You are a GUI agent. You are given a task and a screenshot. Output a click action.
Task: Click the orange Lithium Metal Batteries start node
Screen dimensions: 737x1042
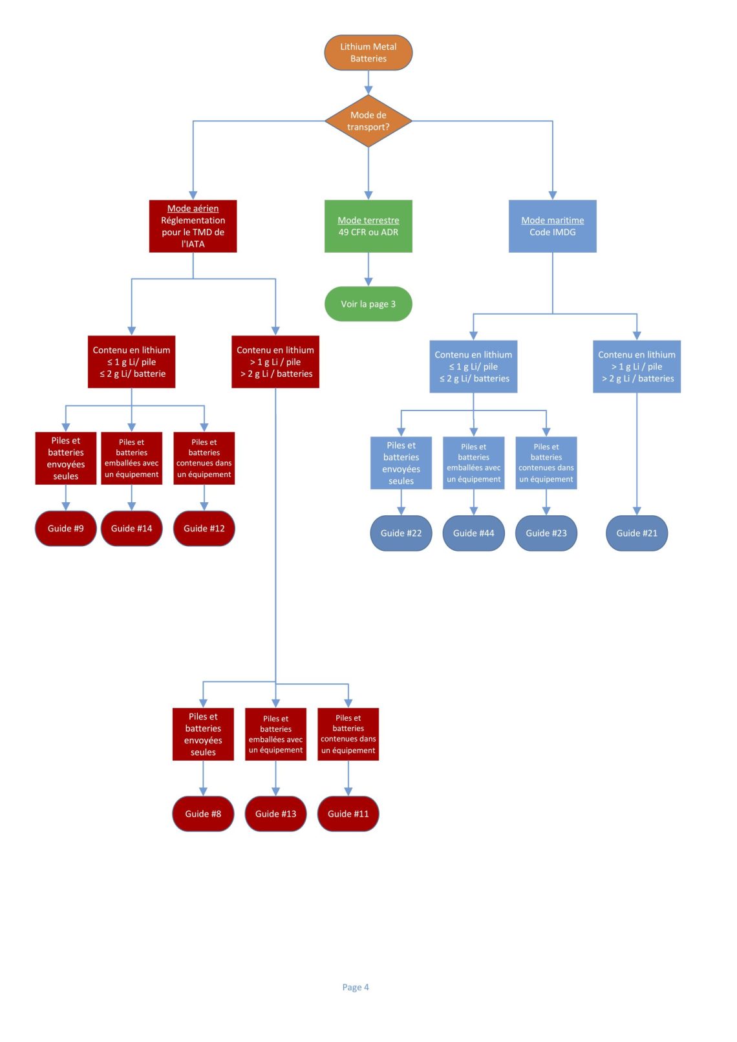click(x=368, y=52)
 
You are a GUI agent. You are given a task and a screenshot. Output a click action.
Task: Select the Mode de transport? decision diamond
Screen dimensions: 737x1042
click(x=368, y=121)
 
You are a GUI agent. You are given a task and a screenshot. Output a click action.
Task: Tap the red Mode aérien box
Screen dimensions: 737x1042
click(x=193, y=226)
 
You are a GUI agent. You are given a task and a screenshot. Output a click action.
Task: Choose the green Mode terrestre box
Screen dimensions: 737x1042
click(x=368, y=226)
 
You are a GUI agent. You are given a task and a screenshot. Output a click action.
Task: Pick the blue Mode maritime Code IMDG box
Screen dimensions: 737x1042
click(x=552, y=226)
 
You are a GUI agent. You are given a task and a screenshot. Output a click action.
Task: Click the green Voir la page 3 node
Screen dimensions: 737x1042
click(x=368, y=304)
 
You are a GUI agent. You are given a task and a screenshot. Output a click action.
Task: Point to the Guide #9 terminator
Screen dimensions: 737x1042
click(x=65, y=529)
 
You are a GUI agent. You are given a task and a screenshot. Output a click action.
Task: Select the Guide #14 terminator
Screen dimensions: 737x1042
click(x=132, y=529)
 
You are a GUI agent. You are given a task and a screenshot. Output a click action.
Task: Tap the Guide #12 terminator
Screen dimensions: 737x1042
click(x=204, y=529)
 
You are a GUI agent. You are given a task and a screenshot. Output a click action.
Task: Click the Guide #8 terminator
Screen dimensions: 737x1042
click(x=203, y=814)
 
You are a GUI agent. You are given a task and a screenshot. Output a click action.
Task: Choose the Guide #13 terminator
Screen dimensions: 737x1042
click(x=275, y=814)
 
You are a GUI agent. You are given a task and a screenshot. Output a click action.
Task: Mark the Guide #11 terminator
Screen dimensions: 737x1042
click(x=348, y=814)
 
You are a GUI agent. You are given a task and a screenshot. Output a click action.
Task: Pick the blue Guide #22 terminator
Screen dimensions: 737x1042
click(x=401, y=533)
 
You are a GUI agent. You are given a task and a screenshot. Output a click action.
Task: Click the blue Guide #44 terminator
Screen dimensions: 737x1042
click(x=474, y=533)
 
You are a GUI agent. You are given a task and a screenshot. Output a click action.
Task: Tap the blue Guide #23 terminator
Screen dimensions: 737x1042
click(x=546, y=533)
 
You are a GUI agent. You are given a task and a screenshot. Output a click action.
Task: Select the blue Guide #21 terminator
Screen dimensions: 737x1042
click(x=637, y=533)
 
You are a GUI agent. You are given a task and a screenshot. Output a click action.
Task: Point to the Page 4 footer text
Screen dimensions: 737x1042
click(x=356, y=987)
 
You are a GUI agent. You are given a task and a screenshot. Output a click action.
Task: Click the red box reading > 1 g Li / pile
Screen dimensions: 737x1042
click(x=275, y=362)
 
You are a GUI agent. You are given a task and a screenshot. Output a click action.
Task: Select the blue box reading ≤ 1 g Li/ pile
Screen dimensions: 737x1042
click(x=473, y=367)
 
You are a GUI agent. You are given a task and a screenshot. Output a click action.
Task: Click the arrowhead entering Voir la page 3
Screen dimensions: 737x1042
click(x=368, y=282)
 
